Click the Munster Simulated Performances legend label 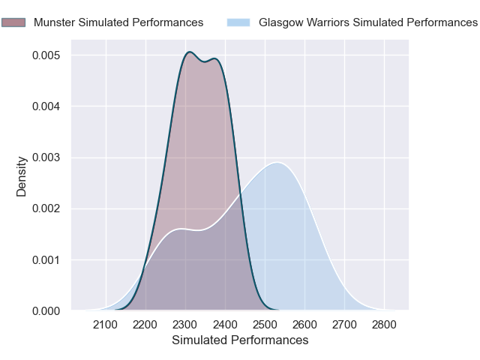pyautogui.click(x=118, y=22)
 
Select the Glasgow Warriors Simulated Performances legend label pyautogui.click(x=367, y=22)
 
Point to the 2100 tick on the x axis pyautogui.click(x=106, y=325)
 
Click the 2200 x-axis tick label pyautogui.click(x=145, y=325)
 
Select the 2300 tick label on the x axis pyautogui.click(x=185, y=325)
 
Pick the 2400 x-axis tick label pyautogui.click(x=225, y=325)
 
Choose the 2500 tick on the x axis pyautogui.click(x=265, y=325)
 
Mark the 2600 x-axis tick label pyautogui.click(x=304, y=325)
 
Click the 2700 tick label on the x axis pyautogui.click(x=344, y=325)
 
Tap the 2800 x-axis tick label pyautogui.click(x=384, y=325)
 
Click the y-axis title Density pyautogui.click(x=22, y=176)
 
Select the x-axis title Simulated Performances pyautogui.click(x=240, y=340)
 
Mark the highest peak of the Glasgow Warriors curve pyautogui.click(x=277, y=162)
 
